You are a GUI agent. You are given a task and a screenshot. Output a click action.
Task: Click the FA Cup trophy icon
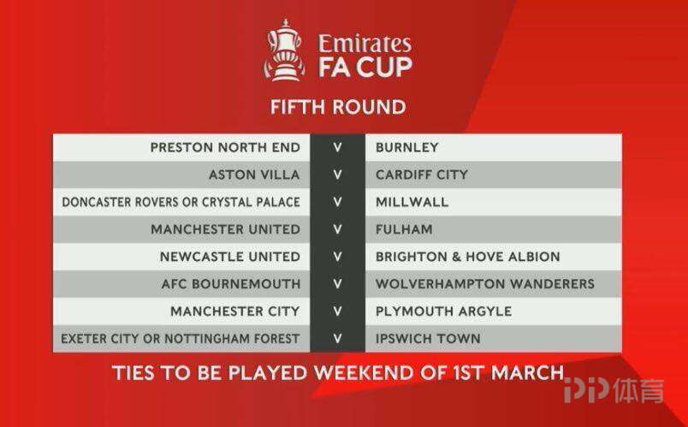[284, 50]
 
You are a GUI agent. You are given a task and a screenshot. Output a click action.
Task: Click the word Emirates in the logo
[365, 44]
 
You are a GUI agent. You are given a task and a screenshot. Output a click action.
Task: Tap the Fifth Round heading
[338, 108]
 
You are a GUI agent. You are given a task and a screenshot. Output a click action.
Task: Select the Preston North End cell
[225, 147]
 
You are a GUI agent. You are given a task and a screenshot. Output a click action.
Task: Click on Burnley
[406, 147]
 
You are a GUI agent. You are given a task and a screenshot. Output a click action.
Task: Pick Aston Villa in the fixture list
[254, 175]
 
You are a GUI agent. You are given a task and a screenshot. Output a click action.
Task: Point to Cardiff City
[422, 175]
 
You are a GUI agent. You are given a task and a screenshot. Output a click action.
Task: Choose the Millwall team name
[412, 202]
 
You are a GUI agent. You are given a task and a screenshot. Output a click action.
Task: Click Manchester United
[226, 229]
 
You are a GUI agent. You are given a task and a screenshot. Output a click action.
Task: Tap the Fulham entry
[404, 229]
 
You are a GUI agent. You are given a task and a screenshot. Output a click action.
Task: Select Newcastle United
[230, 257]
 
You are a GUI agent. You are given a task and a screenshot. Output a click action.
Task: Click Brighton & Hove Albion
[468, 257]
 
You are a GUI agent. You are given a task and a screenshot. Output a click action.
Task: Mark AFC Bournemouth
[231, 284]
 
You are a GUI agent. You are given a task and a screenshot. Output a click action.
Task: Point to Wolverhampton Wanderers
[485, 284]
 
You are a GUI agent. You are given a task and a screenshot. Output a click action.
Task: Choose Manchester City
[234, 311]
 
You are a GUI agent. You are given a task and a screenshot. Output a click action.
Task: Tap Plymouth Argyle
[443, 311]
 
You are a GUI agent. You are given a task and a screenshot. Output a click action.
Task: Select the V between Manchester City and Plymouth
[337, 311]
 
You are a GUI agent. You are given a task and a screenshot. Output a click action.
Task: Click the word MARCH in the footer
[527, 373]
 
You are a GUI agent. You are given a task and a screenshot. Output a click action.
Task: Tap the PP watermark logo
[586, 389]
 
